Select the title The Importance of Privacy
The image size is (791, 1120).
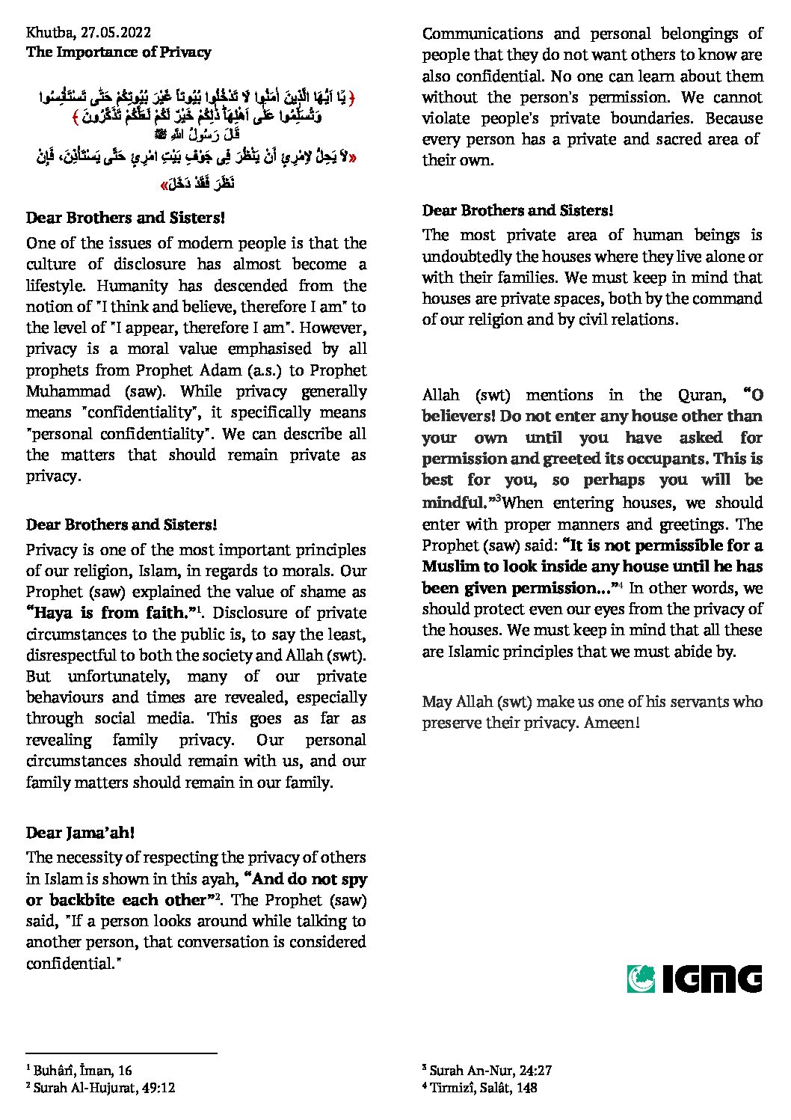(118, 52)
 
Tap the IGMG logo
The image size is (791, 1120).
(694, 979)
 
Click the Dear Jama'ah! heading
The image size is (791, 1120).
(80, 833)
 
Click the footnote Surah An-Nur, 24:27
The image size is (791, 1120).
(490, 1071)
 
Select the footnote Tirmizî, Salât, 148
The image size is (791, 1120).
(483, 1088)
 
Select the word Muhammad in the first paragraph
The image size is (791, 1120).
(68, 391)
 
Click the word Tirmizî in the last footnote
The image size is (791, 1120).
(452, 1088)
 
